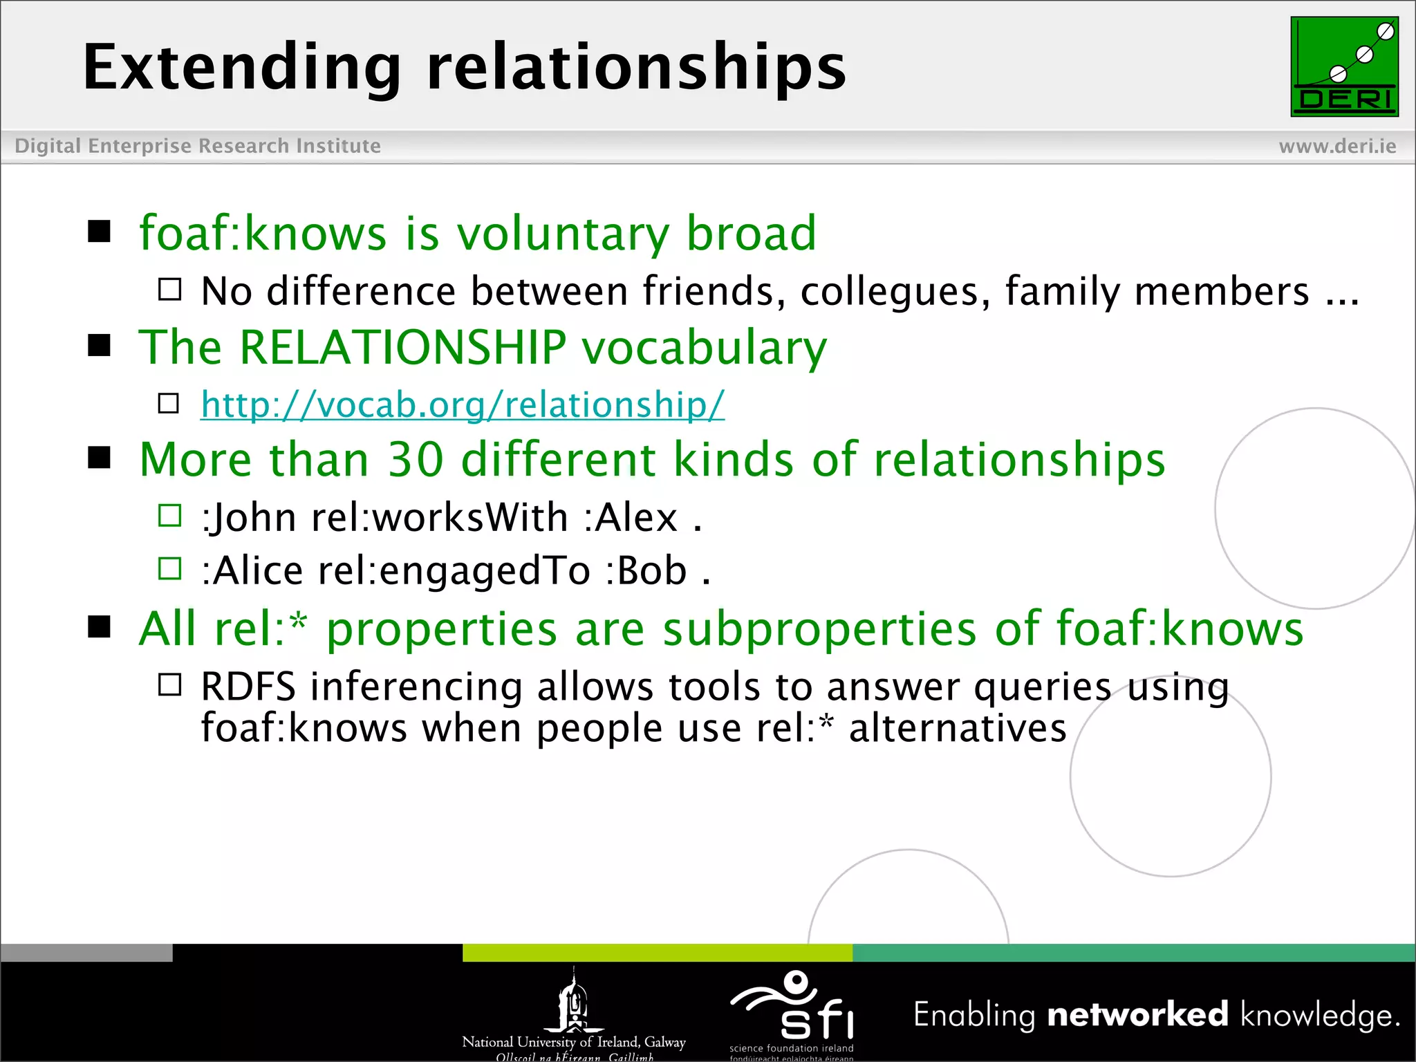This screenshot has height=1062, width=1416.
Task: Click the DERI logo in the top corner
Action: [1344, 67]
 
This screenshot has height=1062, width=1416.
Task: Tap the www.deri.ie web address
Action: [1337, 147]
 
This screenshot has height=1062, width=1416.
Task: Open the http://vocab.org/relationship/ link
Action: [463, 404]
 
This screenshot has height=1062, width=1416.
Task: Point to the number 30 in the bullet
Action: [415, 460]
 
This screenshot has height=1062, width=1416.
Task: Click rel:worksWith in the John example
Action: [440, 518]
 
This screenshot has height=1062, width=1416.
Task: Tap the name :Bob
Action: [646, 571]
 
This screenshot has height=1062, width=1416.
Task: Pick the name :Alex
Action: [631, 518]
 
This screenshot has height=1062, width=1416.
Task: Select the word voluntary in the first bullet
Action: [563, 234]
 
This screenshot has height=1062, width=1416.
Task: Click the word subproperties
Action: [819, 629]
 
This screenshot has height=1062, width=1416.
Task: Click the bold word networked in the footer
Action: [1137, 1015]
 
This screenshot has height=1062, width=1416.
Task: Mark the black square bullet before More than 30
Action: [100, 458]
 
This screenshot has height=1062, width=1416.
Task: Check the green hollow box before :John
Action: [169, 516]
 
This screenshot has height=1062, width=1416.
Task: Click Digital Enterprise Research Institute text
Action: [198, 147]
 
